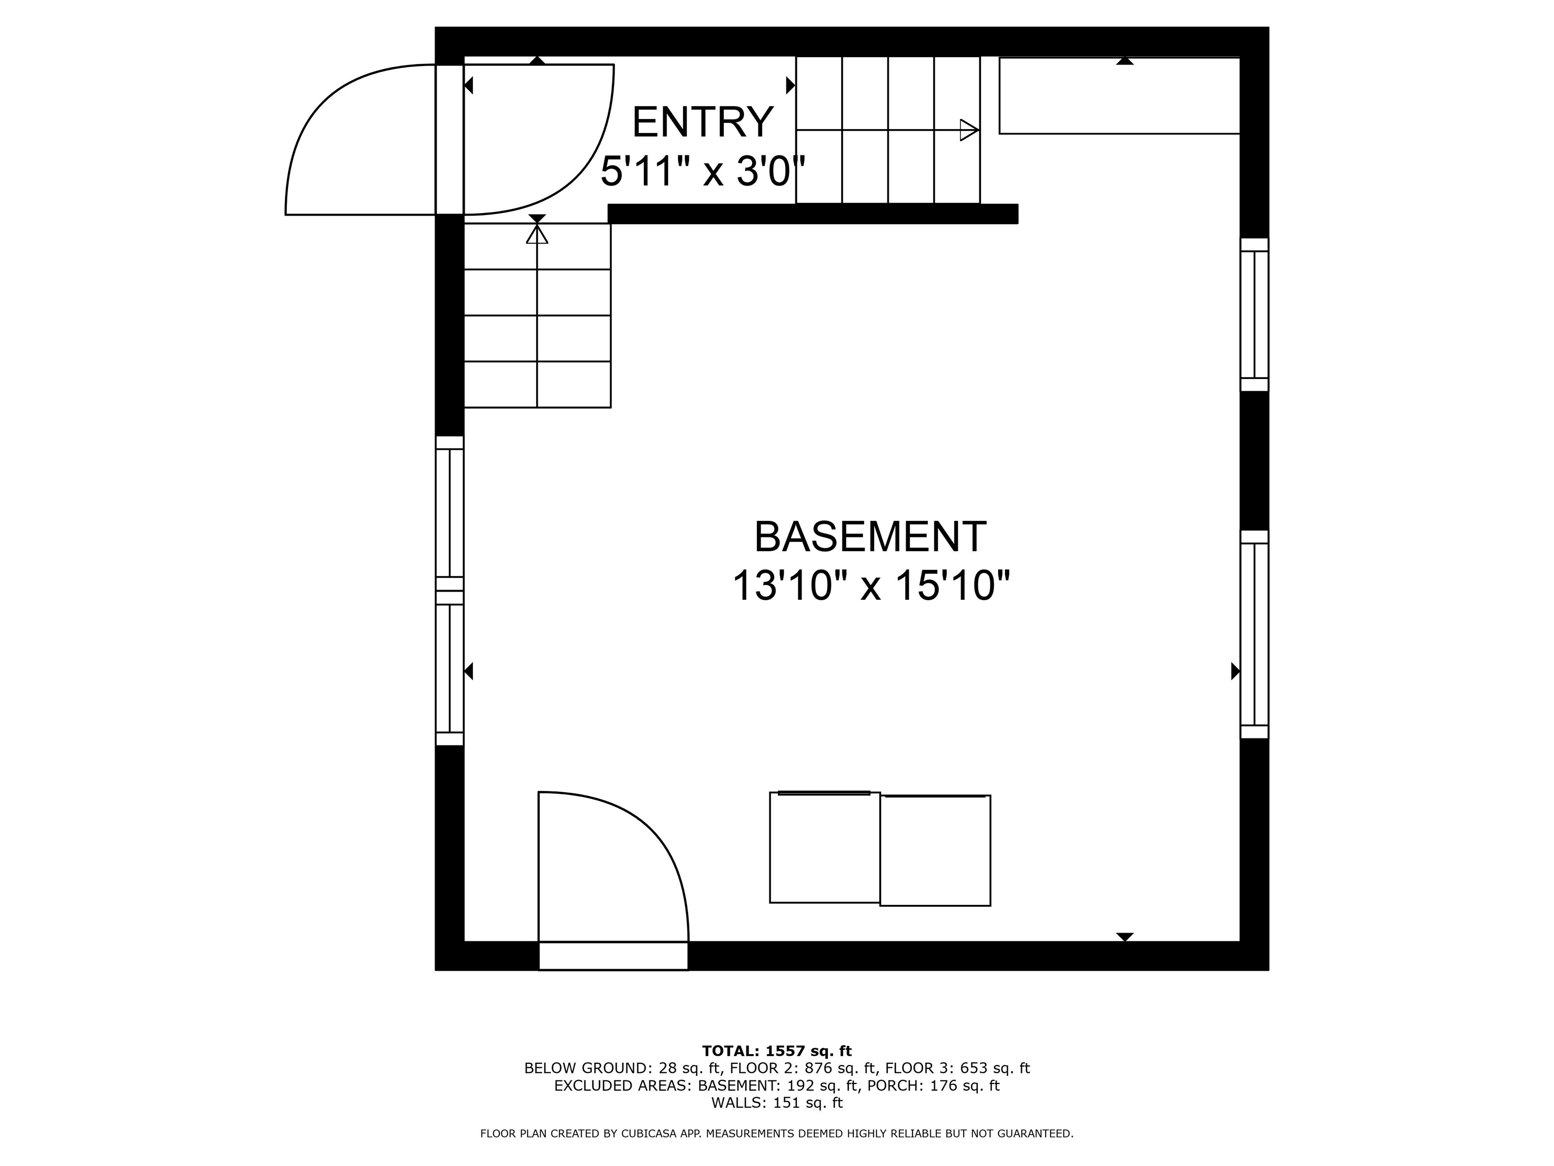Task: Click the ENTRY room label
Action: coord(703,122)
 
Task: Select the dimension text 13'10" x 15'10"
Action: coord(871,586)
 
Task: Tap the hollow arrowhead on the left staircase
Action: coord(537,234)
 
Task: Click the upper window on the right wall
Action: coord(1254,314)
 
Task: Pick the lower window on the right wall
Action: coord(1254,634)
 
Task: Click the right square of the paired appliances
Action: coord(935,850)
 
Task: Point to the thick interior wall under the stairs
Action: coord(813,214)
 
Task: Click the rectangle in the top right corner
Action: coord(1119,96)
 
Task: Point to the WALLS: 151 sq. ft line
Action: coord(777,1103)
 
